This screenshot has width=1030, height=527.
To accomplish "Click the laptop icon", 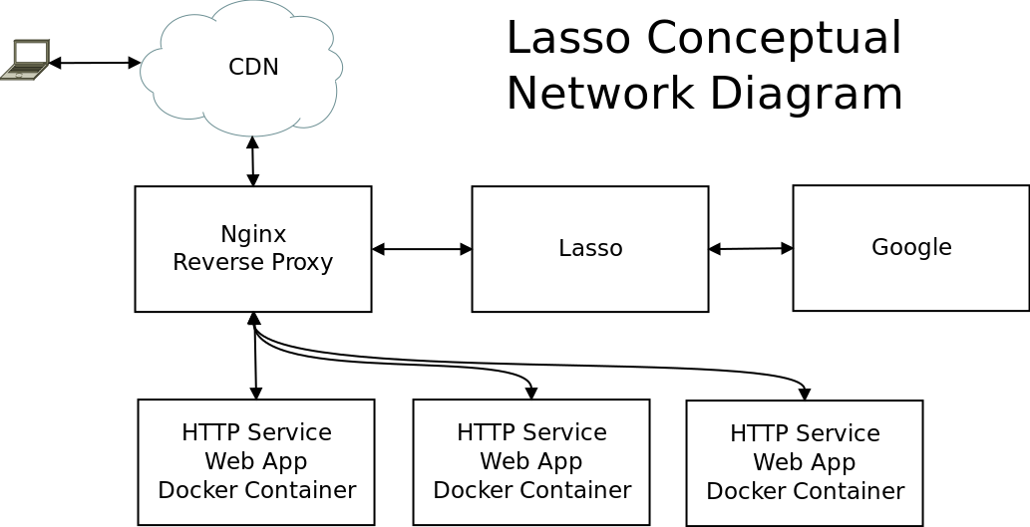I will (26, 60).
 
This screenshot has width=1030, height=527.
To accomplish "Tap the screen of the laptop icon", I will (32, 53).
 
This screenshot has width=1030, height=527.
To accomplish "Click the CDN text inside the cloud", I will (253, 68).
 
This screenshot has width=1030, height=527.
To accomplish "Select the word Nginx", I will (253, 235).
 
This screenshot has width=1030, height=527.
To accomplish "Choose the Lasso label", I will (590, 249).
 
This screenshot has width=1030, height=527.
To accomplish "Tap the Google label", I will (911, 247).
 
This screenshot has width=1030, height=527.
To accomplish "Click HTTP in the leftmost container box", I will (204, 433).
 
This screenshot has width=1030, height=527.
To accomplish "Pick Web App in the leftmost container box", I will (256, 462).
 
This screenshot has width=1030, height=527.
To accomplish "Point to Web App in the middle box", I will (531, 462).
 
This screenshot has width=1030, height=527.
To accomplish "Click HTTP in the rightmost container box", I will (753, 434).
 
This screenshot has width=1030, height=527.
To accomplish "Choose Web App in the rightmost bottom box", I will (805, 463).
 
